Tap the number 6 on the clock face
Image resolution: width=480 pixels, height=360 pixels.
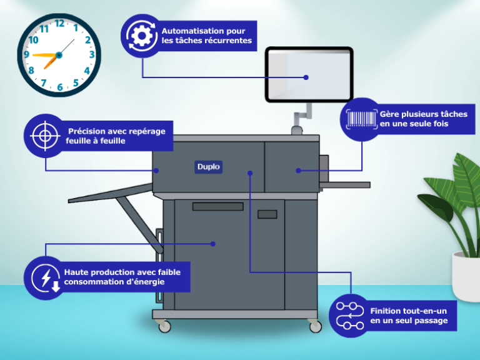coord(60,87)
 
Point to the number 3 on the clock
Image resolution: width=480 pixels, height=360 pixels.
coord(92,55)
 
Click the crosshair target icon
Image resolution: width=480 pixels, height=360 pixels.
coord(44,135)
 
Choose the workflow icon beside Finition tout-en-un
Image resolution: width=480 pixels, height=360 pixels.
coord(349,315)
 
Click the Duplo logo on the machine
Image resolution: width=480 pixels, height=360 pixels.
coord(208,167)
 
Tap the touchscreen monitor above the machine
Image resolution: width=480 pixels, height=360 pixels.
coord(309,74)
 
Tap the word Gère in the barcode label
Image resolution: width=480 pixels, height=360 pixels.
coord(389,114)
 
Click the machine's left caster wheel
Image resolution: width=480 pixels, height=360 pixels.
coord(164,326)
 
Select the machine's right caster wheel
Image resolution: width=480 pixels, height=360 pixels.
coord(315,326)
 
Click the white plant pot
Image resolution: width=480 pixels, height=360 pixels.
coord(465,276)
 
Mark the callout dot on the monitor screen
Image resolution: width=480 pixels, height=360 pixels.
coord(307,77)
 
